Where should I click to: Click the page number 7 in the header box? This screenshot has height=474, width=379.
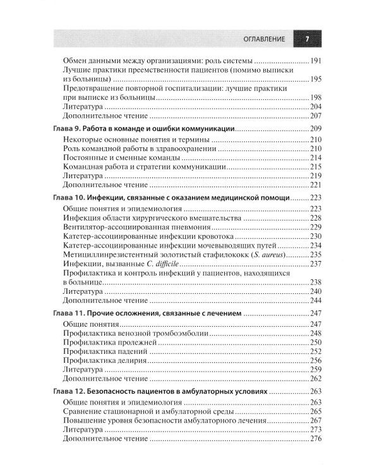[x=306, y=39]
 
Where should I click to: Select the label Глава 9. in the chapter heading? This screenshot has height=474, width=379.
[x=64, y=128]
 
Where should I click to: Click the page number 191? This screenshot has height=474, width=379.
[x=316, y=61]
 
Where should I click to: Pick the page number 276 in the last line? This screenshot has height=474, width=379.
[x=316, y=440]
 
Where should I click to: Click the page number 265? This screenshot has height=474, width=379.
[x=316, y=411]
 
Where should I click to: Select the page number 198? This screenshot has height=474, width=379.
[x=316, y=99]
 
